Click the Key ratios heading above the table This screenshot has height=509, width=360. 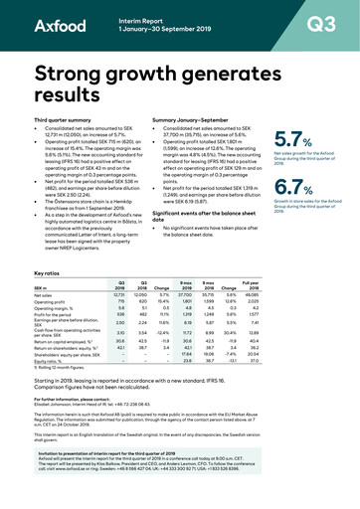[x=47, y=246]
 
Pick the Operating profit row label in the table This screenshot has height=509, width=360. [x=50, y=275]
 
